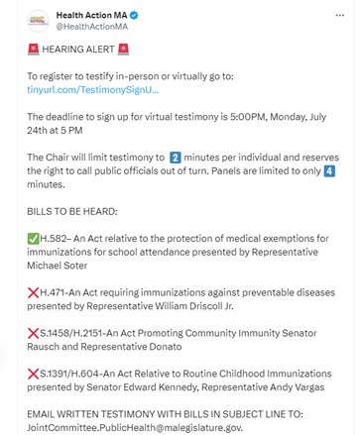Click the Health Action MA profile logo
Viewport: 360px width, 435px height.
37,20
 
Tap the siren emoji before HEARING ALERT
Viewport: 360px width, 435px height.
33,49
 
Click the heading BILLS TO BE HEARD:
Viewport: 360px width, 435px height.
73,211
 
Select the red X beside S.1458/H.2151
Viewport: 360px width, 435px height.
33,336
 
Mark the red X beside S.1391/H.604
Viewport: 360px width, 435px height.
33,372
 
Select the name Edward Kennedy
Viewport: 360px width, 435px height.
160,390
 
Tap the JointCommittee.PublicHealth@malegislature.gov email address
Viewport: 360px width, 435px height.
134,428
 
